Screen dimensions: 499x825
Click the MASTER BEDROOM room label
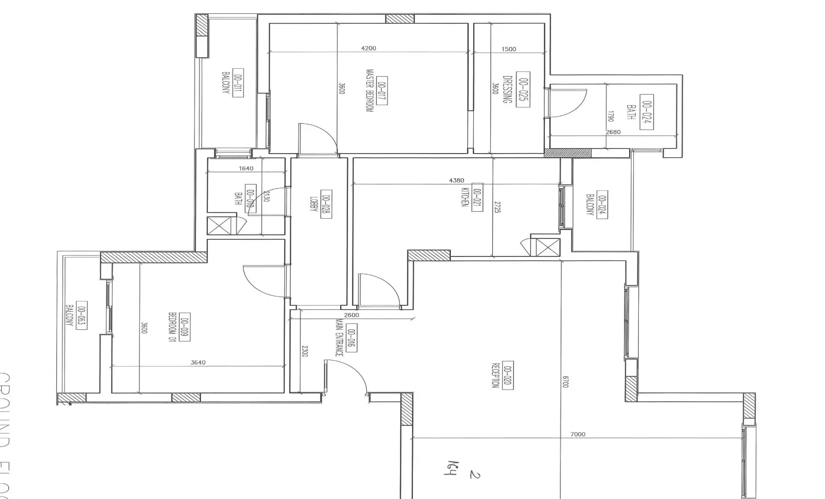pyautogui.click(x=369, y=91)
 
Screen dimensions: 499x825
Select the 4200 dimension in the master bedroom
pyautogui.click(x=368, y=48)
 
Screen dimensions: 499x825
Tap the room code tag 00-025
pyautogui.click(x=523, y=89)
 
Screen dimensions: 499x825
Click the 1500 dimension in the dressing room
pyautogui.click(x=508, y=49)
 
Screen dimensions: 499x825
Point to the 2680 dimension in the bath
pyautogui.click(x=613, y=132)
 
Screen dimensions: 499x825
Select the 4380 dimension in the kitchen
pyautogui.click(x=456, y=180)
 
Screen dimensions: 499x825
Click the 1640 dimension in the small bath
pyautogui.click(x=246, y=168)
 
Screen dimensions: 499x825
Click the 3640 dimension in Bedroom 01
pyautogui.click(x=198, y=362)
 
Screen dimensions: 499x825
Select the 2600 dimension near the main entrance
pyautogui.click(x=351, y=315)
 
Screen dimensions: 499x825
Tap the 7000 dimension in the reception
pyautogui.click(x=577, y=434)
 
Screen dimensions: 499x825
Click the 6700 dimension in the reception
pyautogui.click(x=566, y=382)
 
